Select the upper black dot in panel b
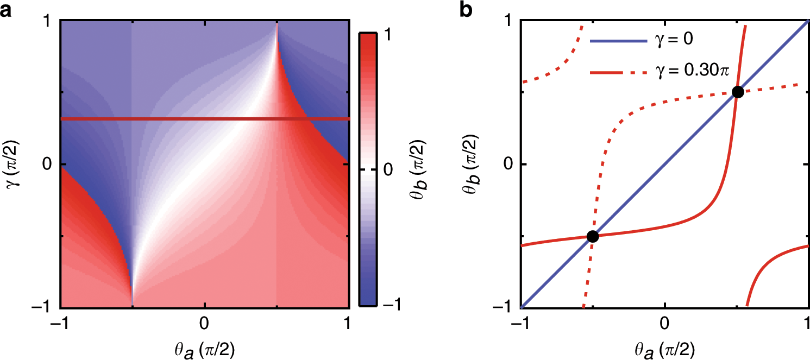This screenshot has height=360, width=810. [737, 92]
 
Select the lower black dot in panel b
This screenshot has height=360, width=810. [593, 236]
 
